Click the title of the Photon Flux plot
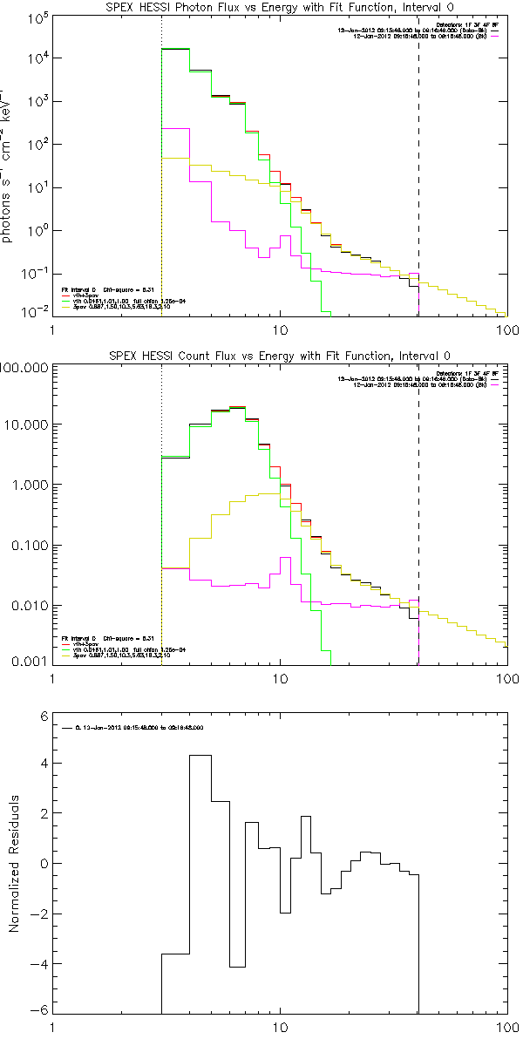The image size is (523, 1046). point(281,8)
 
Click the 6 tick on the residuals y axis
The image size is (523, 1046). point(41,715)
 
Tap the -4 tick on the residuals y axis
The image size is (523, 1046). point(38,963)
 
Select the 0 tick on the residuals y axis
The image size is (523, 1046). point(41,863)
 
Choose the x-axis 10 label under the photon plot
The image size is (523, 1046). point(281,331)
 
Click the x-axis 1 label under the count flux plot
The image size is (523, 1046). point(53,679)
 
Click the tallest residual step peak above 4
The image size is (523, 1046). point(200,756)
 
